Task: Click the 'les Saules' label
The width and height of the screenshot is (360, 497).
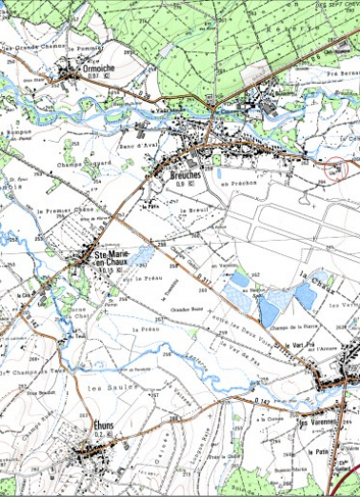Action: point(106,388)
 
